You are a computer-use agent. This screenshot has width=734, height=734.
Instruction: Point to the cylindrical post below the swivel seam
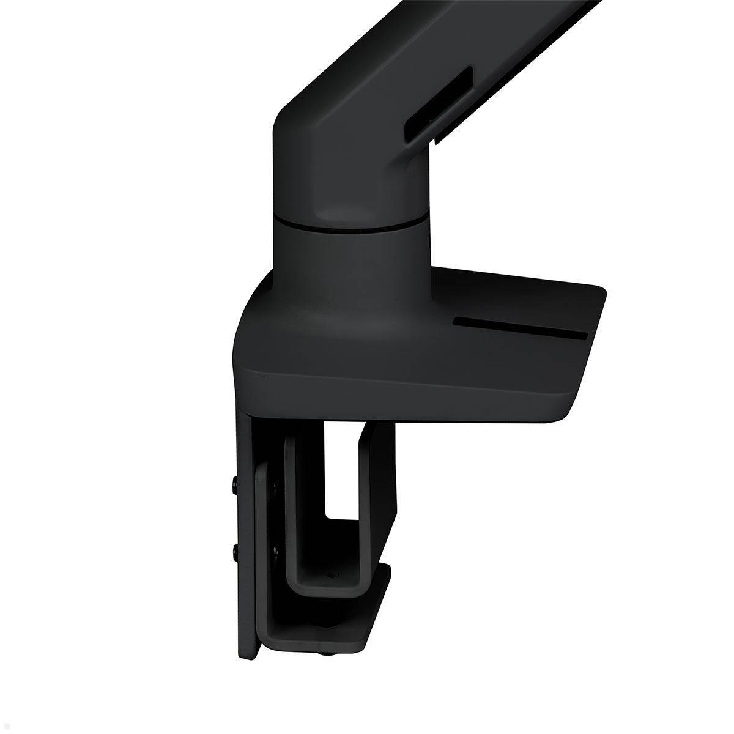tap(343, 251)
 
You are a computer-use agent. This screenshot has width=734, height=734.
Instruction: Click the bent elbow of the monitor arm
tap(318, 122)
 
